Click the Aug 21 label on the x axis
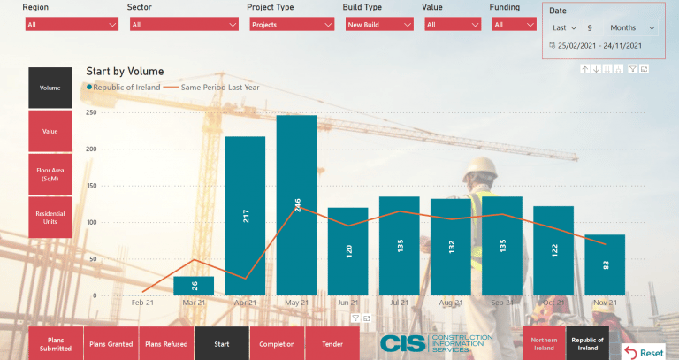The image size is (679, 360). [x=450, y=303]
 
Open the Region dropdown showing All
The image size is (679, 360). [x=72, y=25]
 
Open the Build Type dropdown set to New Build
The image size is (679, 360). [x=376, y=25]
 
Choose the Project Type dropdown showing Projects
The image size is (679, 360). [x=289, y=25]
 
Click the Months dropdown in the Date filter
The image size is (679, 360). [x=632, y=28]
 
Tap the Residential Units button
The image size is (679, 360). [x=55, y=218]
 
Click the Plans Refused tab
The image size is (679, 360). [x=166, y=343]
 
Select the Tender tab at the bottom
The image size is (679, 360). [x=332, y=343]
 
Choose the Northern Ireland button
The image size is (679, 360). [x=543, y=343]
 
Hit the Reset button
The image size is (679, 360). [x=645, y=352]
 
